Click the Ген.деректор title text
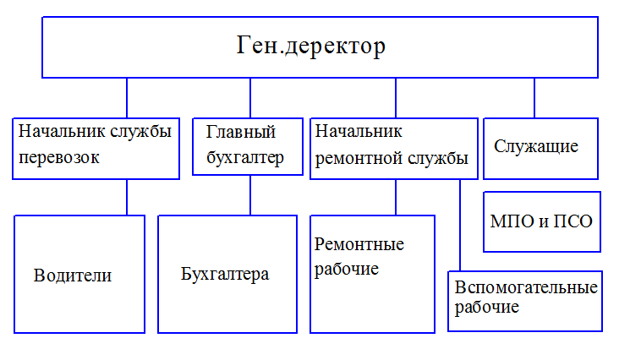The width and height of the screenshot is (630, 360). tap(310, 46)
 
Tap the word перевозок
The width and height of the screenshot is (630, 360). tap(58, 158)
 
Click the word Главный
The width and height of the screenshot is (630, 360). tap(241, 132)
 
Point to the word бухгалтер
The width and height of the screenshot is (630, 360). tap(245, 157)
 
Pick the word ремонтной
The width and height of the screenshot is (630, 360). tap(359, 159)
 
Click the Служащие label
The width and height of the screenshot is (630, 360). tap(536, 146)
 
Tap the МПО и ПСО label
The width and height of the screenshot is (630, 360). tap(541, 221)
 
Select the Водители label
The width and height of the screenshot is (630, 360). tap(73, 275)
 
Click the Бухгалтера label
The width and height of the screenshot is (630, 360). tap(225, 275)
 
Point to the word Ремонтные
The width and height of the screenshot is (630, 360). tap(359, 244)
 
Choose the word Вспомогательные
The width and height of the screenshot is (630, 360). tap(526, 287)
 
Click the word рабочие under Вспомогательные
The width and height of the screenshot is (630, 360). tap(486, 307)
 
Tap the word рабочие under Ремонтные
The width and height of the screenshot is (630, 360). tap(347, 269)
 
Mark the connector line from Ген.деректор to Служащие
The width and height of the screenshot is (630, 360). tap(534, 98)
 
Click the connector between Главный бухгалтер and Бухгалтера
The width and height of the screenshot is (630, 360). tap(250, 195)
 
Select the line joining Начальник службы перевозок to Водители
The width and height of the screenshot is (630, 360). tap(127, 198)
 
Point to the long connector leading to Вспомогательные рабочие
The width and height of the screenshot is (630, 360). tap(460, 225)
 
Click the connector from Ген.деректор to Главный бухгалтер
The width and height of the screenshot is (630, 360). tap(250, 98)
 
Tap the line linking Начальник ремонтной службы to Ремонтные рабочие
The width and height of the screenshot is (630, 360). tap(396, 198)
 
